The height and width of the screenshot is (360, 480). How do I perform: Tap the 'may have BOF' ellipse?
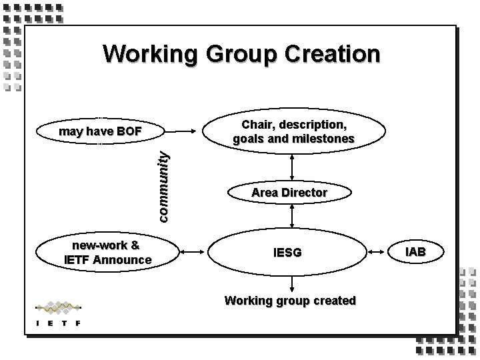click(x=100, y=131)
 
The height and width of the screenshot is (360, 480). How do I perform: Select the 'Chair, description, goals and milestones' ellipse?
click(x=293, y=132)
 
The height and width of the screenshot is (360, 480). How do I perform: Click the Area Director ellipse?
click(x=289, y=193)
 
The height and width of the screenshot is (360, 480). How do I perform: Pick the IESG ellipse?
click(x=288, y=253)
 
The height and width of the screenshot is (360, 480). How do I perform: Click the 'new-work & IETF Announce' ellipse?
click(x=107, y=252)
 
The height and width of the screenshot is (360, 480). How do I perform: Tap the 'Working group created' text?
click(x=290, y=301)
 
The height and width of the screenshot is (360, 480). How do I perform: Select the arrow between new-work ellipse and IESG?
click(x=193, y=253)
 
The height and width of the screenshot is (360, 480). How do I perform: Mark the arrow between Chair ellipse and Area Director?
click(x=292, y=165)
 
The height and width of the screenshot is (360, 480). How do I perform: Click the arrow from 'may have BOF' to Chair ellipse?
click(x=183, y=131)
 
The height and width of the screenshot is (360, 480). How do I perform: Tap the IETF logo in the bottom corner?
click(x=58, y=314)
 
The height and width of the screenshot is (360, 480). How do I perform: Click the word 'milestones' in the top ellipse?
click(x=323, y=139)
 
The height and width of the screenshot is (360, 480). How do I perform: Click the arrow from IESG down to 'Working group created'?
click(x=289, y=283)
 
